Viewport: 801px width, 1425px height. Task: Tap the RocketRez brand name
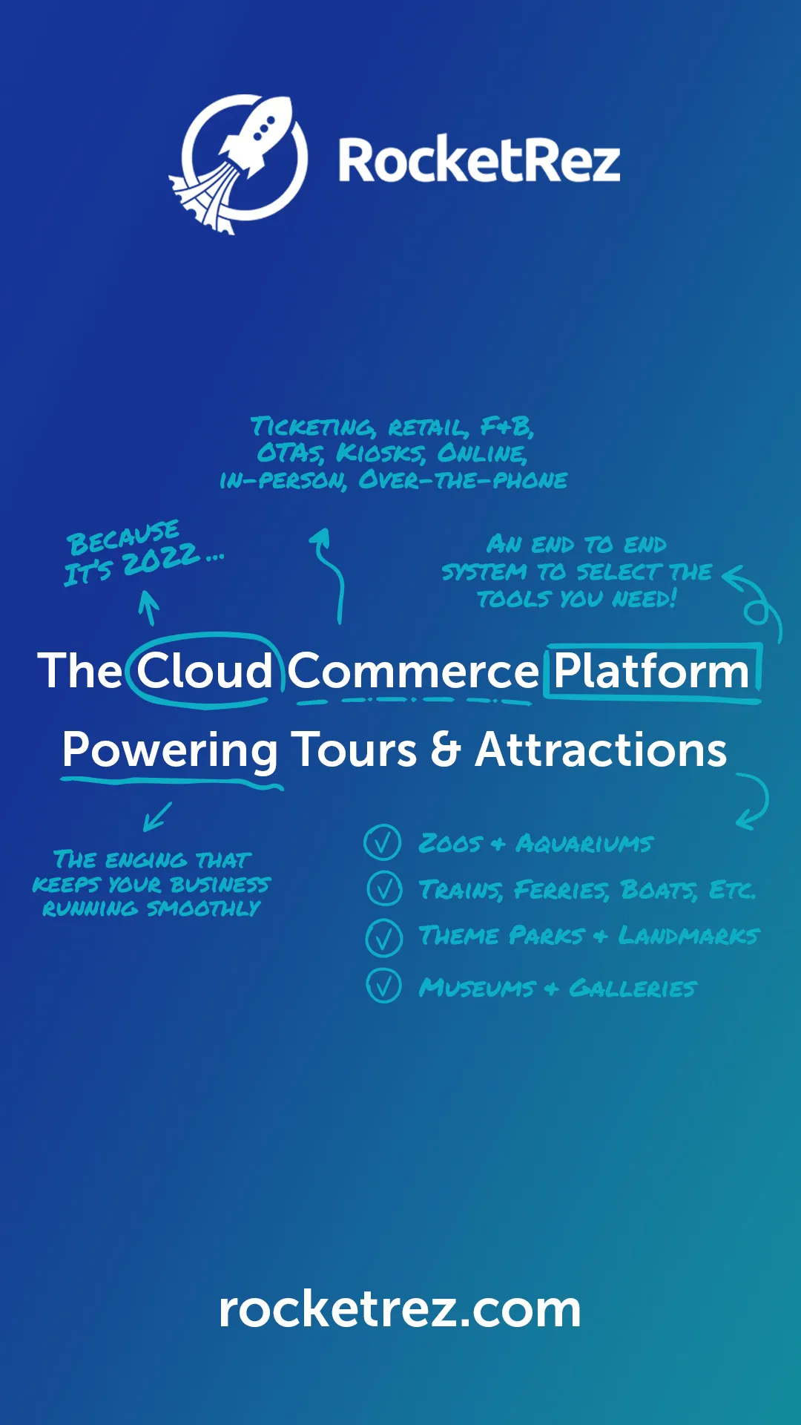(479, 161)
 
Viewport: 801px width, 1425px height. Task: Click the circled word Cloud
(205, 671)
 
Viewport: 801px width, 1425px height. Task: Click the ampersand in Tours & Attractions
(446, 749)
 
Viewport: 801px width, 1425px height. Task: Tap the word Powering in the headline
(170, 750)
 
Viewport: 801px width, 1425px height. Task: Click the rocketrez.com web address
(400, 1309)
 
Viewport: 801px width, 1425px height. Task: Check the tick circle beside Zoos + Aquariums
(383, 843)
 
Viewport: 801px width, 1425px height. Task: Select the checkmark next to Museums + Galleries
(384, 986)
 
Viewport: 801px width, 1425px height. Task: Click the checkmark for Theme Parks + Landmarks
(384, 937)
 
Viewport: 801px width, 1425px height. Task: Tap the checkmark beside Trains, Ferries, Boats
(384, 889)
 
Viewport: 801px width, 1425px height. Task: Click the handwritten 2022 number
(162, 559)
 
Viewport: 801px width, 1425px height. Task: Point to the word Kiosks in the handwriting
(380, 453)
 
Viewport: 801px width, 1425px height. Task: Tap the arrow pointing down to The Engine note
(157, 816)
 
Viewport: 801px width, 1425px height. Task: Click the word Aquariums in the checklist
(584, 844)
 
